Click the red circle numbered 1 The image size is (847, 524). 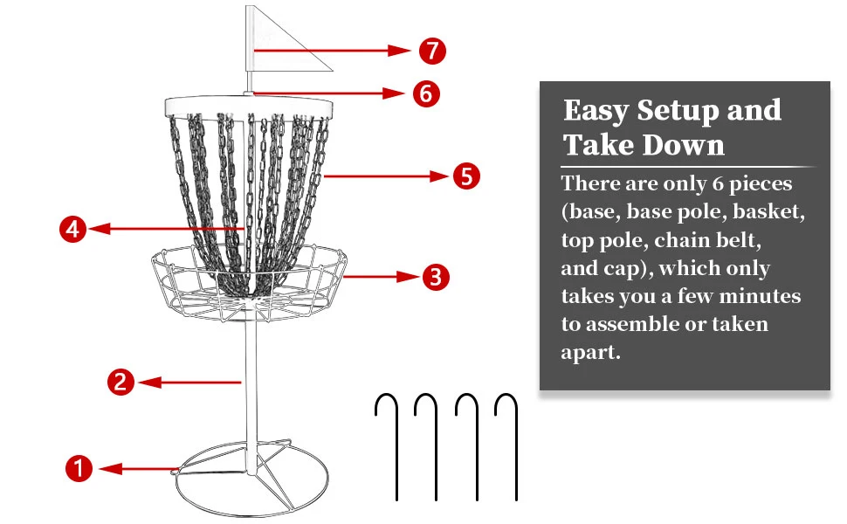[x=79, y=469]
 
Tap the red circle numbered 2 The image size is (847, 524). [x=121, y=381]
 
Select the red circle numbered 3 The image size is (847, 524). [x=436, y=277]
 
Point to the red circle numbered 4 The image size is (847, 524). [x=72, y=230]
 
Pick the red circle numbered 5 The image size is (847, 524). [x=466, y=176]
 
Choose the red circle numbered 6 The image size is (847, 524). [x=425, y=93]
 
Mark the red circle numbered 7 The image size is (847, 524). [x=431, y=51]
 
